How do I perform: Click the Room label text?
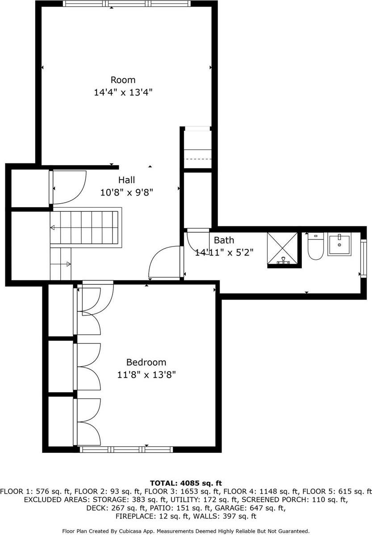tap(123, 80)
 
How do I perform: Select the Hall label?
tap(126, 180)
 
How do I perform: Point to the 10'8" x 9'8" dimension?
tap(126, 192)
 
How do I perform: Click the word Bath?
tap(224, 240)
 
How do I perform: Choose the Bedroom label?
tap(146, 362)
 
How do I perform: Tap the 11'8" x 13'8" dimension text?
tap(146, 375)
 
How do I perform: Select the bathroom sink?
tap(339, 244)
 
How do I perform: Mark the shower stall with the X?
tap(282, 249)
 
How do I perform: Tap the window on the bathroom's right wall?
tap(363, 259)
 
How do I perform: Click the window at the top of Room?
tap(127, 4)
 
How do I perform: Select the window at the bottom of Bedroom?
tap(125, 449)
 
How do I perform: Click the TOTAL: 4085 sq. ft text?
tap(186, 483)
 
